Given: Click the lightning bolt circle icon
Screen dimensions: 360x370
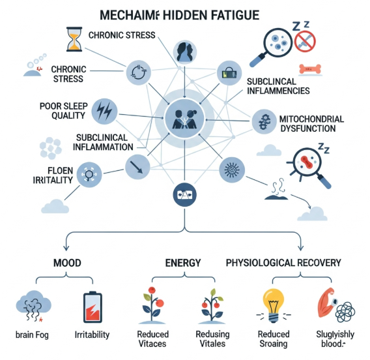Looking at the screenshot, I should [105, 111].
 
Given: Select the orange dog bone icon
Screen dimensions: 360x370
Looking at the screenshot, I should [310, 68].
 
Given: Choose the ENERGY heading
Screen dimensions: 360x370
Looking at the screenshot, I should [183, 263].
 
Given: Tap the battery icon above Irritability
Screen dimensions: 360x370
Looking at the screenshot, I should [92, 307].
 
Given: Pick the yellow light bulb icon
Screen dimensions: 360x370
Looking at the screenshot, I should [274, 304].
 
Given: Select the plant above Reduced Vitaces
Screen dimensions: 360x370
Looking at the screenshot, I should [152, 304].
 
